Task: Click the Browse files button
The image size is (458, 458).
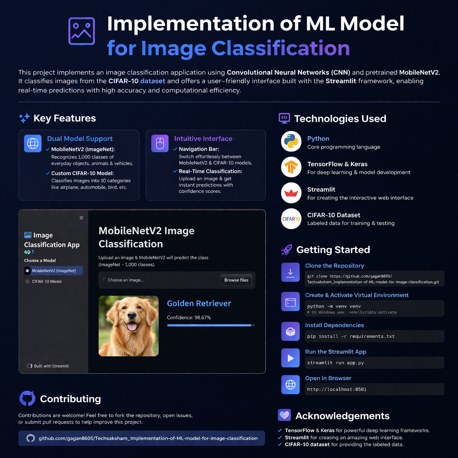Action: point(236,280)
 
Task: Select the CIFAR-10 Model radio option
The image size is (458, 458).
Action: point(27,281)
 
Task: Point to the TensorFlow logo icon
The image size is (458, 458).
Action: point(291,168)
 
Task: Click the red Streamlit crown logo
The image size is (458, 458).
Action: point(291,193)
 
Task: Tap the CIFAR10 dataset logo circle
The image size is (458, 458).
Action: point(291,219)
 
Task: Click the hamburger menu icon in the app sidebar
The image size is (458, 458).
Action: point(81,218)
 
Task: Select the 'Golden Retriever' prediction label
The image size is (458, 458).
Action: point(199,303)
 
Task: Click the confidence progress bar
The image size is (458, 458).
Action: point(211,325)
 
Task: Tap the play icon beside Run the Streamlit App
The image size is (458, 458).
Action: point(290,358)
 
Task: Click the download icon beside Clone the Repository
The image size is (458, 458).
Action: point(290,272)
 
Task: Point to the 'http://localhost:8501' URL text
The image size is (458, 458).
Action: point(336,389)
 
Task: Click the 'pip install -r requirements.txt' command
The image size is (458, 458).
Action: point(351,336)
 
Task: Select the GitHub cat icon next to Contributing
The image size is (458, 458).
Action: point(27,399)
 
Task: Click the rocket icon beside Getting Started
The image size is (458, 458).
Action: point(286,250)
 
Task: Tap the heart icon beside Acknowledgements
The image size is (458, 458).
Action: point(284,416)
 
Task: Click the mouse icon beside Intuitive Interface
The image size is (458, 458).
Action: point(160,143)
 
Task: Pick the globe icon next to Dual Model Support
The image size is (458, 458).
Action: point(33,143)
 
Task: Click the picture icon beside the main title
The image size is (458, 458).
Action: point(81,31)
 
